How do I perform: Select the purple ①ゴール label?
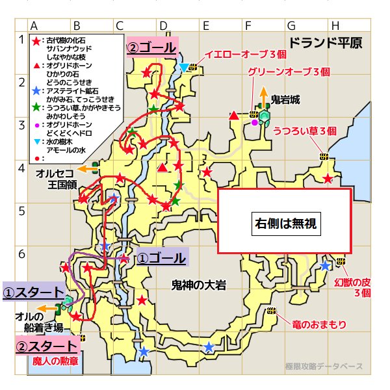[x=162, y=258]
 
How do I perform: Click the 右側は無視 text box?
[x=284, y=223]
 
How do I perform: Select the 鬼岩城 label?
[x=285, y=100]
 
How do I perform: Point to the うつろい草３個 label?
[x=305, y=130]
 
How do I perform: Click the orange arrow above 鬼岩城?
[x=263, y=92]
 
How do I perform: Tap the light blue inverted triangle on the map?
[x=185, y=68]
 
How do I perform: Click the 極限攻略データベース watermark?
[x=324, y=367]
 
